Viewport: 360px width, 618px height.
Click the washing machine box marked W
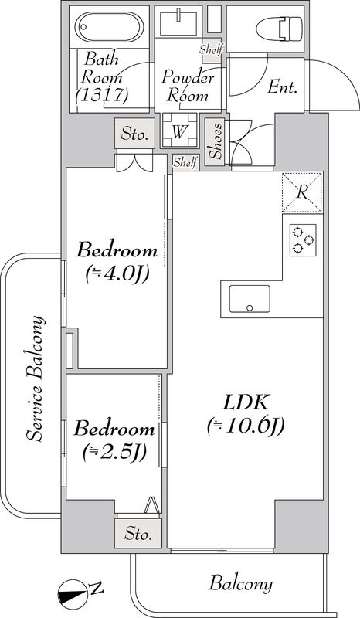[x=179, y=131]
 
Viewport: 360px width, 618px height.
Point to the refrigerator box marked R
[x=303, y=191]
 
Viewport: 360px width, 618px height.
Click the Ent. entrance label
[x=283, y=87]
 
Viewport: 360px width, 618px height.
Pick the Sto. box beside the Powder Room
[x=134, y=134]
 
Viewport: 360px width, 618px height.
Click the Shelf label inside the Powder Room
[x=210, y=50]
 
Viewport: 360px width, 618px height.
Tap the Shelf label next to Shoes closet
[x=185, y=161]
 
